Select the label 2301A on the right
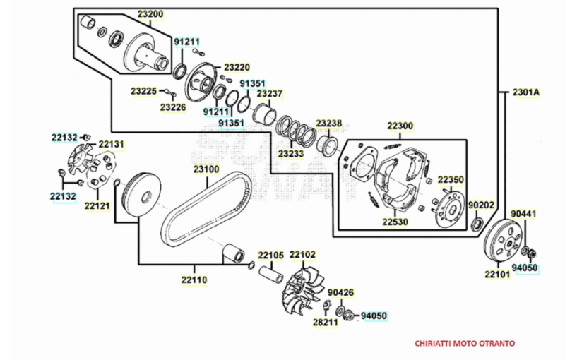coord(525,92)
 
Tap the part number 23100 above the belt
coord(206,169)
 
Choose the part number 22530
coord(396,221)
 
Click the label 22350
coord(451,180)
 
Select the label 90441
coord(524,213)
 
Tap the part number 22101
coord(497,274)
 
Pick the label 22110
coord(194,280)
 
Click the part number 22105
coord(270,255)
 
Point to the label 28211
coord(325,322)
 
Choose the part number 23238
coord(329,124)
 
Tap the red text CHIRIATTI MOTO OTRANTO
coord(464,344)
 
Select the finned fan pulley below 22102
coord(301,289)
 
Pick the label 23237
coord(270,93)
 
